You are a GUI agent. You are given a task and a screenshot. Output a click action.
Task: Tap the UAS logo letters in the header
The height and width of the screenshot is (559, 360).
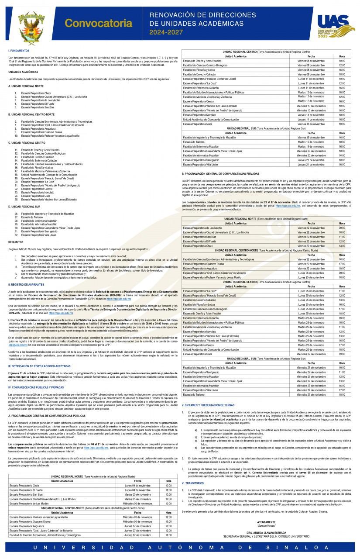(333, 21)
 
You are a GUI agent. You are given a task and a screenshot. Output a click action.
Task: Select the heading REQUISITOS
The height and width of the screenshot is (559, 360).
(16, 241)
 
